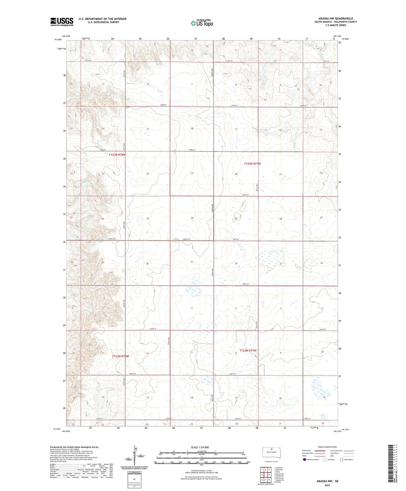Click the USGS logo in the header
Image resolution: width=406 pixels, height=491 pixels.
pyautogui.click(x=62, y=22)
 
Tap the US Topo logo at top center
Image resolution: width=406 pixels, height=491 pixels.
pyautogui.click(x=202, y=23)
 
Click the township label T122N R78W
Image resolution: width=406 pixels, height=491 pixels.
pyautogui.click(x=120, y=356)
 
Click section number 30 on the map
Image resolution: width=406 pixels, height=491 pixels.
pyautogui.click(x=192, y=218)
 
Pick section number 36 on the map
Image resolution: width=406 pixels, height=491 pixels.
pyautogui.click(x=147, y=263)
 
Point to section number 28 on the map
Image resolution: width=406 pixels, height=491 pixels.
pyautogui.click(x=280, y=219)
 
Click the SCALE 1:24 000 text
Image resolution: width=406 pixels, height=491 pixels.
pyautogui.click(x=200, y=447)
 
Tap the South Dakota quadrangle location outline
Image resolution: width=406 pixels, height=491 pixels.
pyautogui.click(x=271, y=453)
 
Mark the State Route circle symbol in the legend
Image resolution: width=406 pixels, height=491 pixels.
pyautogui.click(x=342, y=460)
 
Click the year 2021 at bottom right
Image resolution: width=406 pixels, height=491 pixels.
pyautogui.click(x=327, y=485)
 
